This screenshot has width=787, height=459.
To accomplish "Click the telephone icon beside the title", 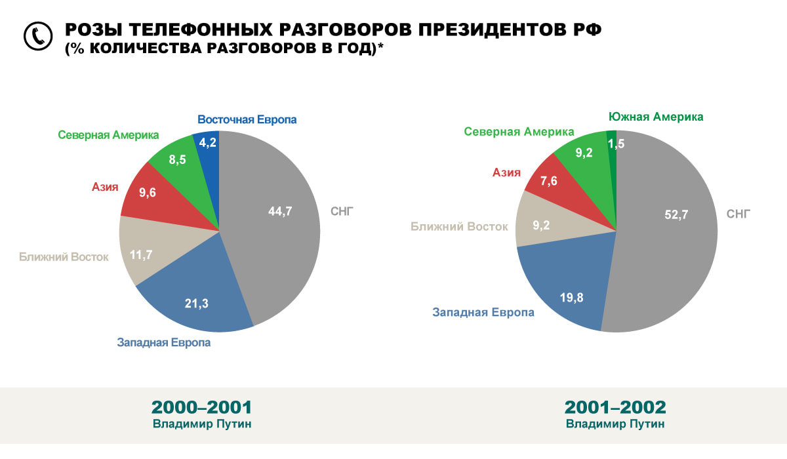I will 37,37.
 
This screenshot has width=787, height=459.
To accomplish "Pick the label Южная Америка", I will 656,117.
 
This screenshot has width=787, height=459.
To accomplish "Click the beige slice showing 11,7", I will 141,252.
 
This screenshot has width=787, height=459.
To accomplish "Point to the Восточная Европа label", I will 247,120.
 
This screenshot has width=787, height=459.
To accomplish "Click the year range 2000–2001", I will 201,407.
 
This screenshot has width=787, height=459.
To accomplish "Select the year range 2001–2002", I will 615,407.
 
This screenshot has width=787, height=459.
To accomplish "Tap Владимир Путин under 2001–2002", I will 615,424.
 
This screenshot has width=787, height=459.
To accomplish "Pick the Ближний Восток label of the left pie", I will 64,256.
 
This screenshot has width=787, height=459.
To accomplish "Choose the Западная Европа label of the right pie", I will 483,312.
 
